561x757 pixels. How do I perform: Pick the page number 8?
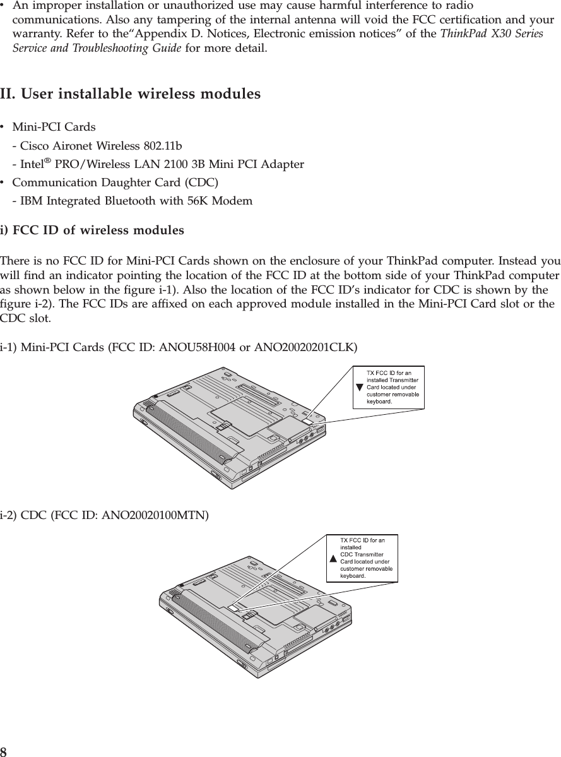point(4,751)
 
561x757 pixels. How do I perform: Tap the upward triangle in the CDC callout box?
point(333,559)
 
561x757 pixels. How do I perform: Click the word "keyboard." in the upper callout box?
point(380,400)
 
